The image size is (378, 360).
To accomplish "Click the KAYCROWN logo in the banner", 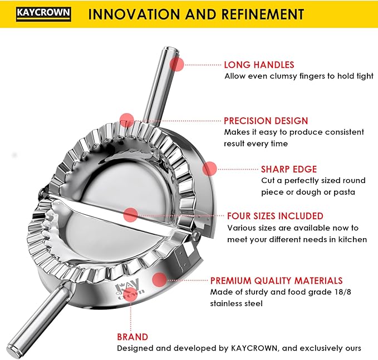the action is (43, 14).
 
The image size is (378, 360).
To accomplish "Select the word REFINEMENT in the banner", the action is (263, 14).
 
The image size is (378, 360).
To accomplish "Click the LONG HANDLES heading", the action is (259, 65).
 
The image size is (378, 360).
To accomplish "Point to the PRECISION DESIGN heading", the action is (266, 121).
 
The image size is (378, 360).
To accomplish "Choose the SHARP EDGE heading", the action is (289, 169).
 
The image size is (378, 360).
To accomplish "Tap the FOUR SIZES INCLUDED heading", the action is (275, 216).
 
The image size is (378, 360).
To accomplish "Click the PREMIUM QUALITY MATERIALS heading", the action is (276, 281).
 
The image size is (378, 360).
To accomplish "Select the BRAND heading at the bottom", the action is (132, 337).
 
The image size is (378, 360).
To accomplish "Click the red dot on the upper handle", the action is (176, 64).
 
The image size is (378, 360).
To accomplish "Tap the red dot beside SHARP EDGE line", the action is (210, 169).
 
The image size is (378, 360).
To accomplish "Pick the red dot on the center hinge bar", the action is (130, 215).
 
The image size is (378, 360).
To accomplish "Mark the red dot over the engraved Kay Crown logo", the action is (130, 294).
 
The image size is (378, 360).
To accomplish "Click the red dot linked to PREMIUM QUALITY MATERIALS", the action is (160, 280).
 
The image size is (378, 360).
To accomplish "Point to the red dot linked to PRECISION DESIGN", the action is (127, 120).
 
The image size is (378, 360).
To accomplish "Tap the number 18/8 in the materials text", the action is (342, 292).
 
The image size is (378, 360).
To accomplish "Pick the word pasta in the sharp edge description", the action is (344, 193).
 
